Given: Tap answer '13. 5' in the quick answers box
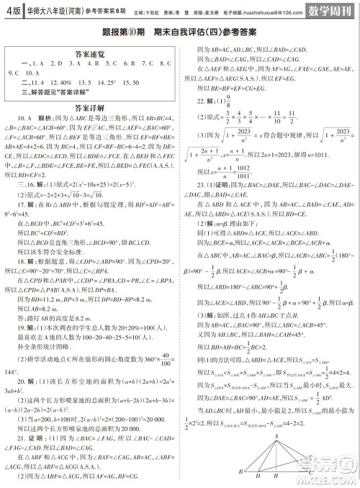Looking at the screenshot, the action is pyautogui.click(x=84, y=83).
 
